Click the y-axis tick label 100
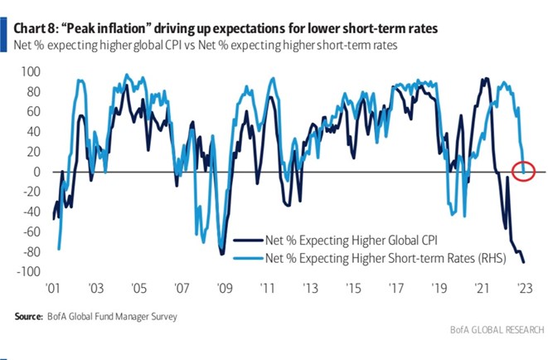[30, 71]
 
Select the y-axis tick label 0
[36, 172]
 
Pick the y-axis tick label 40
[33, 132]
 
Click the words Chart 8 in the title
[36, 28]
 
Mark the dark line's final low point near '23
[523, 262]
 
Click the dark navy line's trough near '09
[222, 254]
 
